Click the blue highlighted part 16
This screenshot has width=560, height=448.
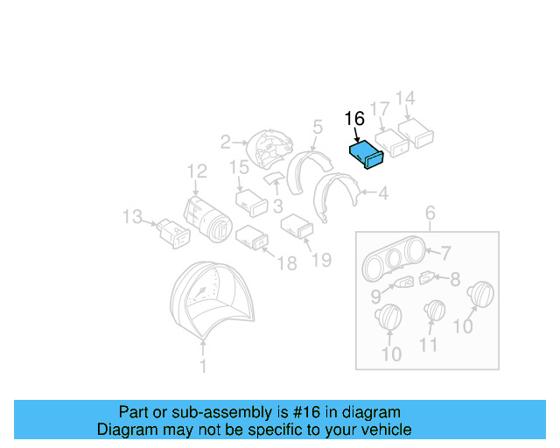(367, 156)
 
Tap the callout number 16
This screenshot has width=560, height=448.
(353, 119)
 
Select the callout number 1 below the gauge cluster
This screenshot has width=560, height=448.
(203, 367)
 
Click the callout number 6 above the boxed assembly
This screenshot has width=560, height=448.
(430, 213)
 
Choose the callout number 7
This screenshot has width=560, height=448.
(445, 254)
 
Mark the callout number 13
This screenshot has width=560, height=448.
(131, 216)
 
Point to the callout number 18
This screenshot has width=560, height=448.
(287, 263)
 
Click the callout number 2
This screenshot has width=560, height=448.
(225, 141)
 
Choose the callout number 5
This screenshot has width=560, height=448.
(317, 129)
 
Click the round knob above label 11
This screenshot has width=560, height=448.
(434, 312)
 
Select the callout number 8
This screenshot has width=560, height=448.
(454, 280)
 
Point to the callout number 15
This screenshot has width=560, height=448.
(239, 167)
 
